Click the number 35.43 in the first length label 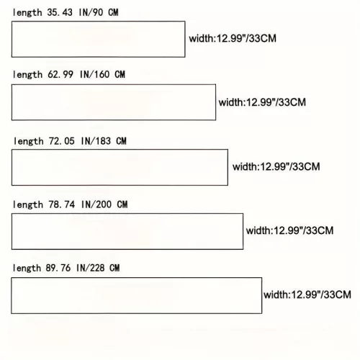(x=60, y=12)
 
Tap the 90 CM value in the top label (x=105, y=12)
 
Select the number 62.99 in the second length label (x=60, y=74)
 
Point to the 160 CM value (x=109, y=74)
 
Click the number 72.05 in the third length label (x=62, y=141)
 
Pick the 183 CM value (x=110, y=141)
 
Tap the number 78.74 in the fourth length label (x=62, y=204)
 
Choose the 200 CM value (x=112, y=204)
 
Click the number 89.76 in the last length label (x=58, y=268)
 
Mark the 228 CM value (x=104, y=268)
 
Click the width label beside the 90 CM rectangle (x=233, y=38)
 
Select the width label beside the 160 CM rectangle (x=262, y=102)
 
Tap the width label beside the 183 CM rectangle (x=276, y=166)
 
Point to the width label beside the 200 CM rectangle (x=289, y=230)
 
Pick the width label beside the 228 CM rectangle (x=307, y=294)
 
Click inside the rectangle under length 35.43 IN (x=99, y=39)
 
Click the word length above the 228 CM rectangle (x=27, y=268)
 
